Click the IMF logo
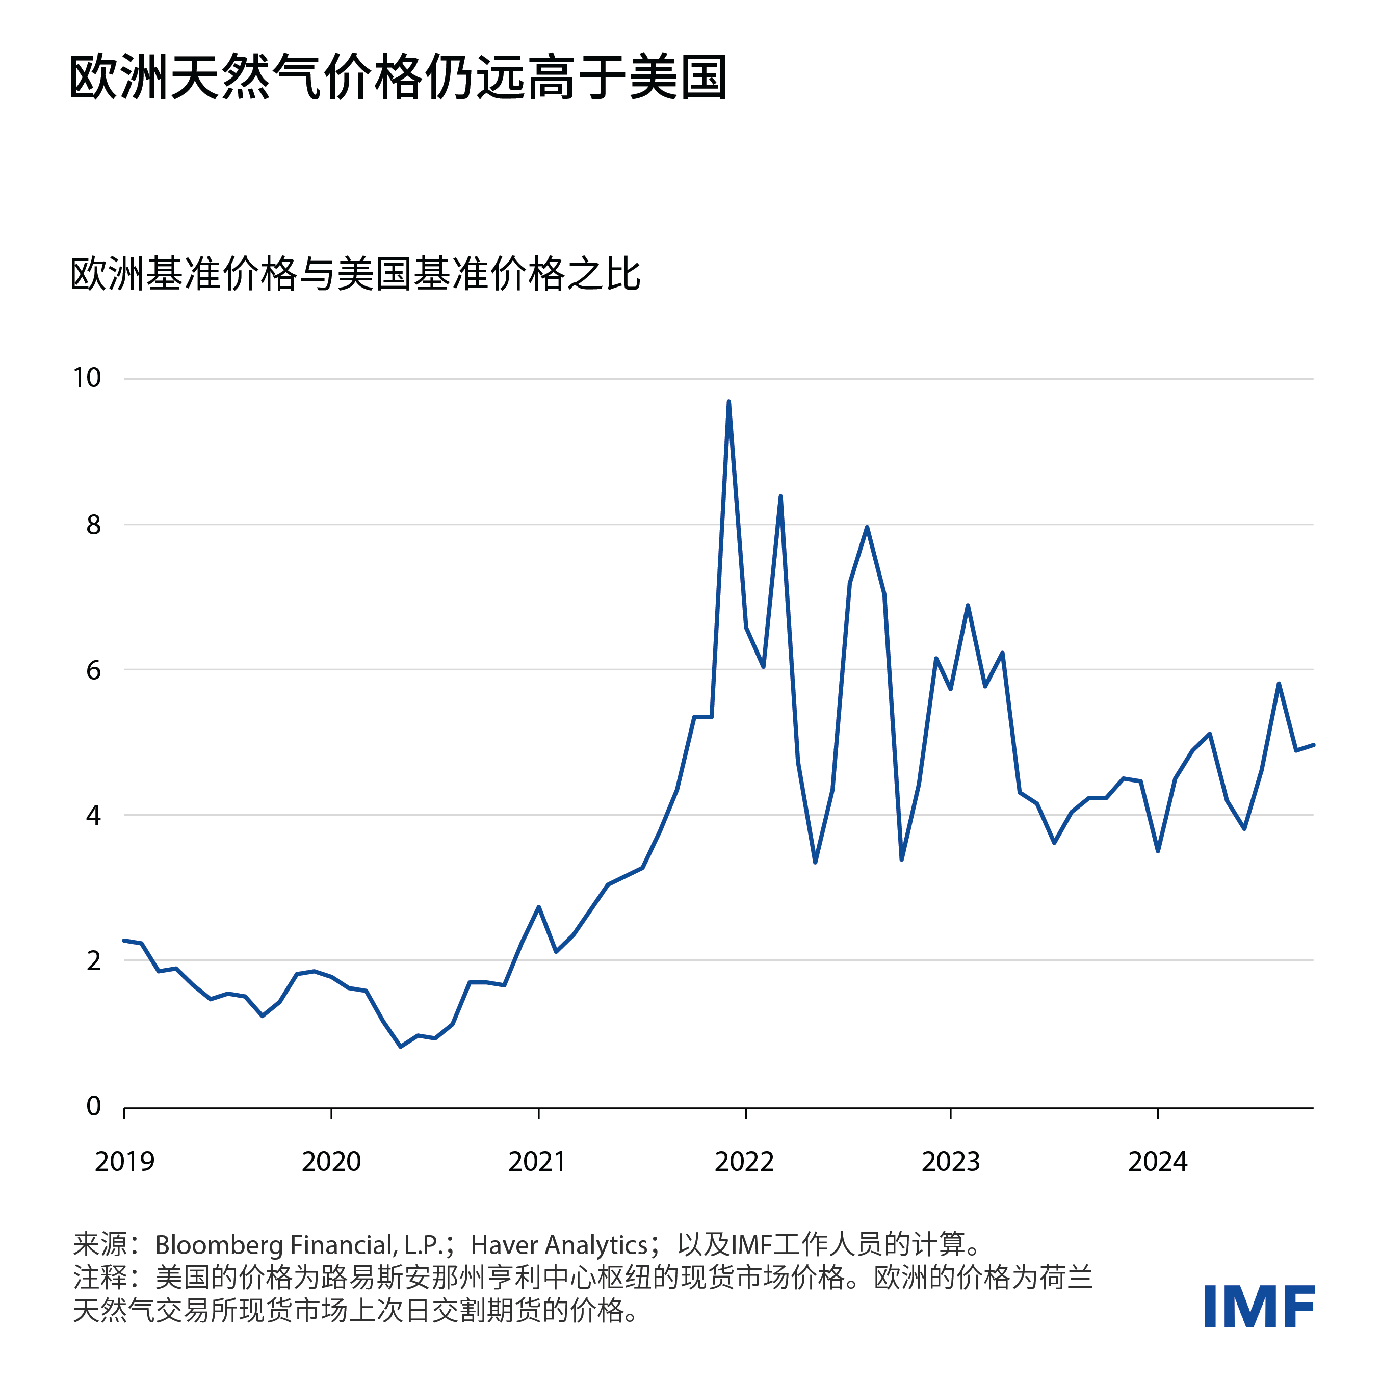(x=1259, y=1306)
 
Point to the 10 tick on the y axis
(x=87, y=378)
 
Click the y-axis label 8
(x=94, y=525)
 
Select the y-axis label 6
(x=94, y=670)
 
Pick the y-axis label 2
(x=94, y=961)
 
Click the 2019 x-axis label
(x=124, y=1162)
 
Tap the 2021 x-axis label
(x=537, y=1162)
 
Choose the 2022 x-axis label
(x=744, y=1162)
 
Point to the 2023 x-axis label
(x=951, y=1162)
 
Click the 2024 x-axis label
(x=1157, y=1162)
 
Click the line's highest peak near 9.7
(x=728, y=402)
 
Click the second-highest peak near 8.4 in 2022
(x=780, y=497)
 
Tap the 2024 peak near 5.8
(x=1279, y=684)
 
